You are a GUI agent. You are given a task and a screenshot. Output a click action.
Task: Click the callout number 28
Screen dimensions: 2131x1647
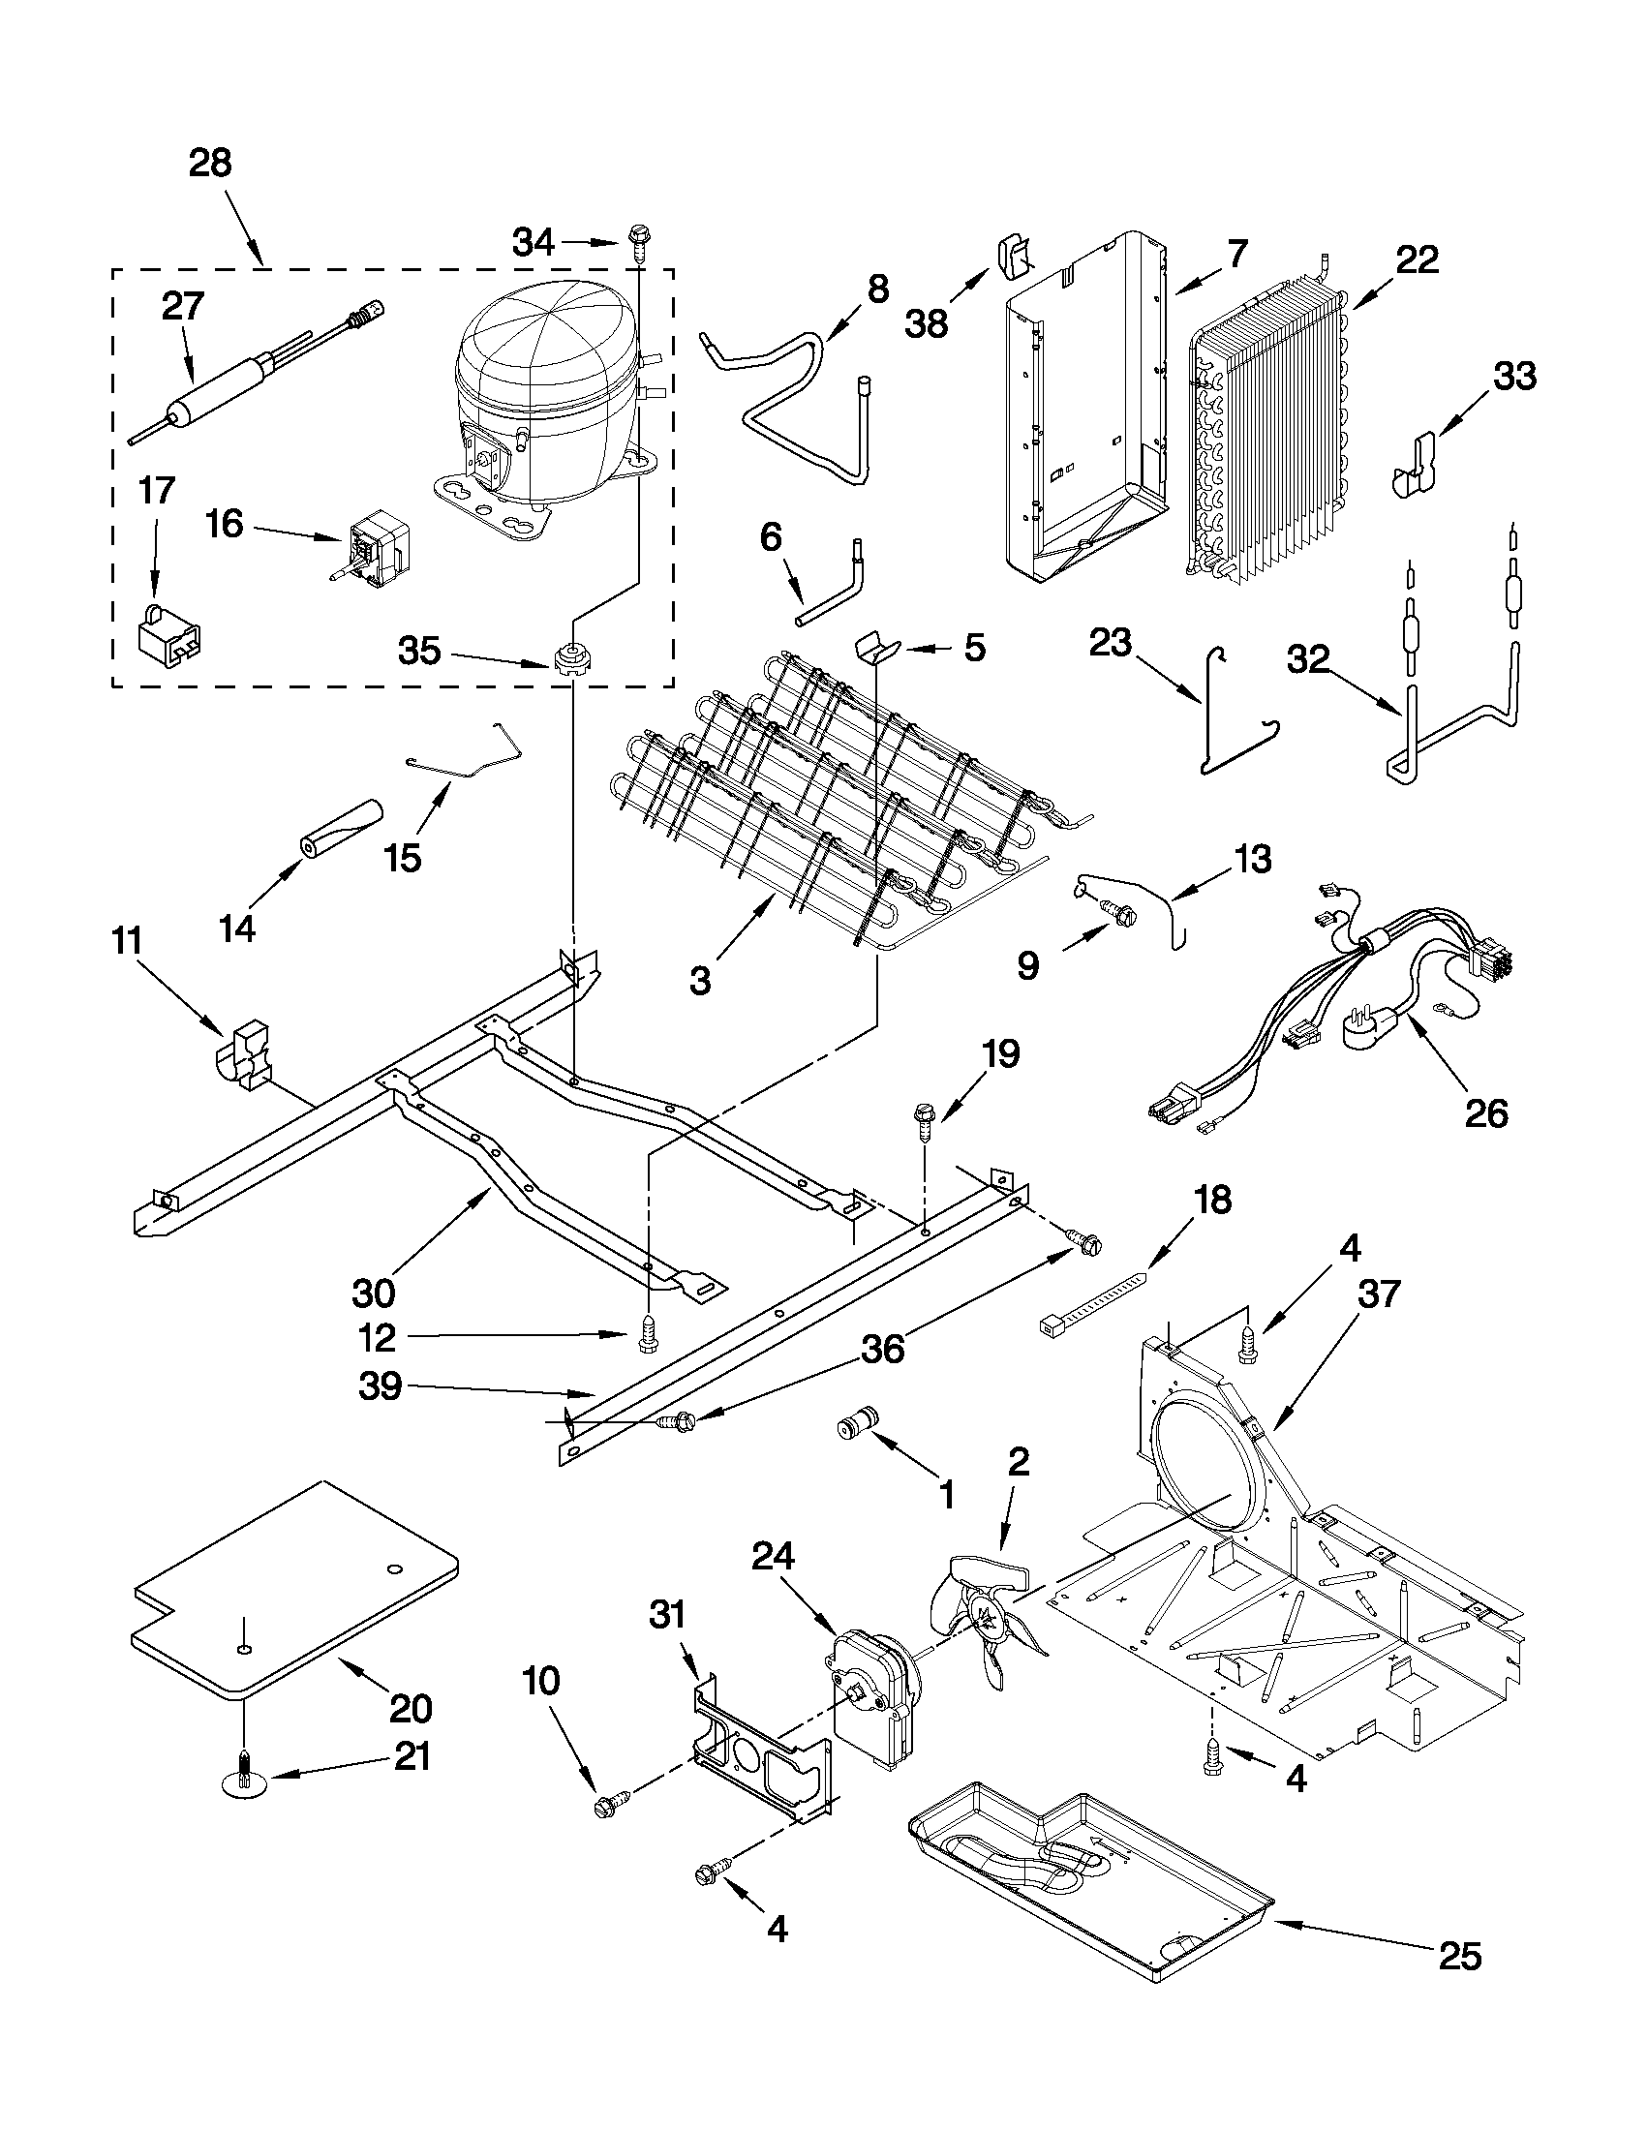click(210, 163)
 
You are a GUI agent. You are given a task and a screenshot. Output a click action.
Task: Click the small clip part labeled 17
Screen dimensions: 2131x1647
click(169, 638)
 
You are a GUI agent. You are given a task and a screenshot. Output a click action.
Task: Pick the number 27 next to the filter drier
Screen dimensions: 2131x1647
click(182, 306)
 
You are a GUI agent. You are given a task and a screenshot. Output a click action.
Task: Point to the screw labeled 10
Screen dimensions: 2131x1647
click(609, 1806)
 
